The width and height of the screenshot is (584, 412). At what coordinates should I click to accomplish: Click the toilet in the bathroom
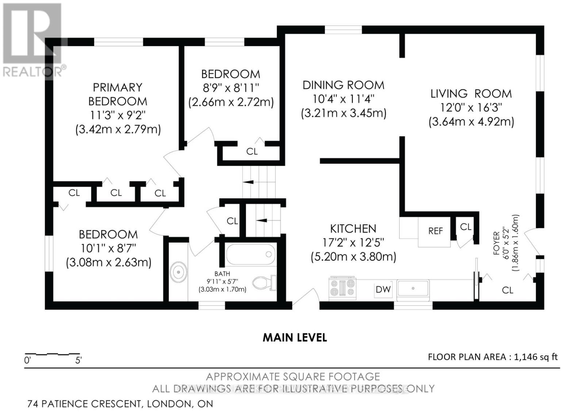[264, 283]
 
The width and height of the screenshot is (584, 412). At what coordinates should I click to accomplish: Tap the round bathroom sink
[178, 272]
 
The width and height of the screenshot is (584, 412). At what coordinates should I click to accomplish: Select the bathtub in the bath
[250, 254]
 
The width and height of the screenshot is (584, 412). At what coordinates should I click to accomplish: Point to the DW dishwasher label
[383, 289]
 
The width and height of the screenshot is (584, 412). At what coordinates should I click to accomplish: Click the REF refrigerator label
[435, 231]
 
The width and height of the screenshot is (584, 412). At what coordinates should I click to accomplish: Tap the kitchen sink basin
[413, 288]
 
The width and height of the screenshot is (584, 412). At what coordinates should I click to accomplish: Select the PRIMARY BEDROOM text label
[118, 94]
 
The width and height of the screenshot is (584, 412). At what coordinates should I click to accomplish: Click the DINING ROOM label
[343, 85]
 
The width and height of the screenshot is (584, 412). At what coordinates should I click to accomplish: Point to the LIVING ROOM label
[471, 94]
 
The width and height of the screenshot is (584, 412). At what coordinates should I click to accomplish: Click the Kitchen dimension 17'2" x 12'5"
[353, 243]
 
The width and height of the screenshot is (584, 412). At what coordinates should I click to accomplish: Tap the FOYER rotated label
[496, 243]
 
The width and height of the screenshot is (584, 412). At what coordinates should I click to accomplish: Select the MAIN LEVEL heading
[295, 338]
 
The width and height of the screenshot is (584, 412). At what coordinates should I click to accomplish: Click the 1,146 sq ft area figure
[536, 357]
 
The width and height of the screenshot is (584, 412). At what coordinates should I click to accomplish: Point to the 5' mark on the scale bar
[78, 361]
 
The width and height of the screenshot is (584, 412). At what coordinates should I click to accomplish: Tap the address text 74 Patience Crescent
[84, 404]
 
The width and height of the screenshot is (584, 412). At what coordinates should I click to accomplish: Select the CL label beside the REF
[466, 227]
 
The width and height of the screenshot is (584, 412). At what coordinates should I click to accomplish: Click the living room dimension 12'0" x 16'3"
[471, 108]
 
